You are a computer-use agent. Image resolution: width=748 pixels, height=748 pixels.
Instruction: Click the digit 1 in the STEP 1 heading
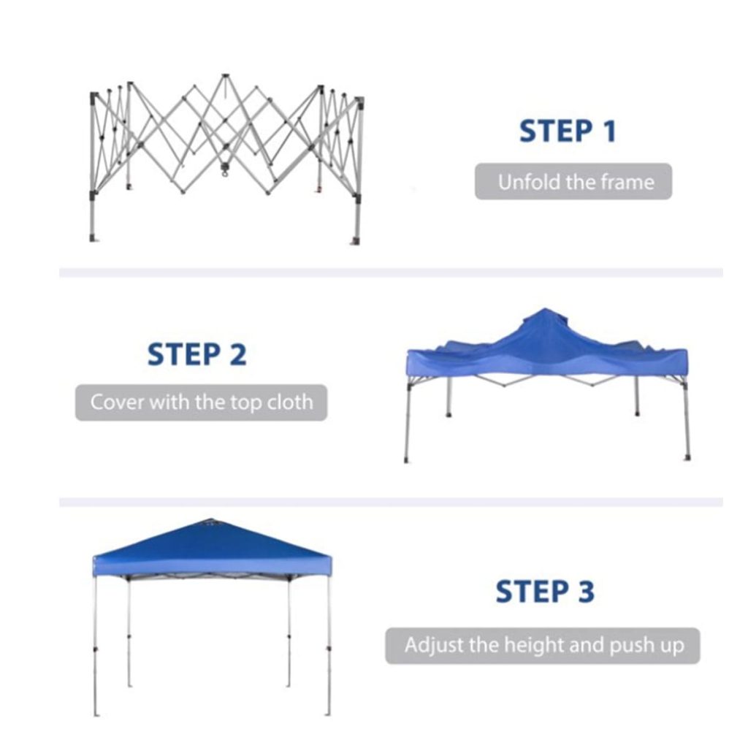point(608,131)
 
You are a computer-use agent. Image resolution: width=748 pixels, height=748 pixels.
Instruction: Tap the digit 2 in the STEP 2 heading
point(238,354)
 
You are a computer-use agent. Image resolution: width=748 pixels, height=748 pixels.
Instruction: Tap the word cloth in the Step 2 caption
point(290,402)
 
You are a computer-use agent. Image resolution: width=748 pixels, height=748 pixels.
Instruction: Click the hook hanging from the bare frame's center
point(224,169)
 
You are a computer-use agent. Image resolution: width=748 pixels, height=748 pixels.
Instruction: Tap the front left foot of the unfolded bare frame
point(93,237)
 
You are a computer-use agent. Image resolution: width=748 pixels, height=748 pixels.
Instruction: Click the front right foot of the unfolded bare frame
point(356,240)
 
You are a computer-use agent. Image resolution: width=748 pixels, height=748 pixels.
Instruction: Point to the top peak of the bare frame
point(224,76)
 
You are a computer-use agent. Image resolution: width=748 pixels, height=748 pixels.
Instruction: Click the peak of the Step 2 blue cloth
point(544,310)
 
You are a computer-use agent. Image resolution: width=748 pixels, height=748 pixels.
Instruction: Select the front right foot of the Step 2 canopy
point(687,458)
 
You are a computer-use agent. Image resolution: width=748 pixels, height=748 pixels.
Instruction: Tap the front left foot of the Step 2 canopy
point(406,460)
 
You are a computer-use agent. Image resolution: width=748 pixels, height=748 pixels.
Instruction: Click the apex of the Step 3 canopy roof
point(208,519)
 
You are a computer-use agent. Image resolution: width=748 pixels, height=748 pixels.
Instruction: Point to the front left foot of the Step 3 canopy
point(96,714)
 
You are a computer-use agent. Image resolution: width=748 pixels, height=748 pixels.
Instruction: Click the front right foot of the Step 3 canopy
point(328,714)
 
